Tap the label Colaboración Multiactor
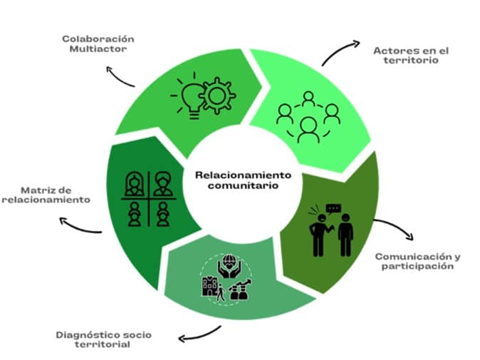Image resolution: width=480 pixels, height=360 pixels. pyautogui.click(x=99, y=45)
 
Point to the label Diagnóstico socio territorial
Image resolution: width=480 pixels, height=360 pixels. pyautogui.click(x=104, y=339)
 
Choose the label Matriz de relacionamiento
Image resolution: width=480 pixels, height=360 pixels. pyautogui.click(x=46, y=195)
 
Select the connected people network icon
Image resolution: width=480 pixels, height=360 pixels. pyautogui.click(x=308, y=116)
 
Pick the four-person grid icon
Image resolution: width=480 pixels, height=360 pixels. pyautogui.click(x=147, y=199)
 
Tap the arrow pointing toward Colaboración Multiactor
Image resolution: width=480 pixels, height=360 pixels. pyautogui.click(x=119, y=76)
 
